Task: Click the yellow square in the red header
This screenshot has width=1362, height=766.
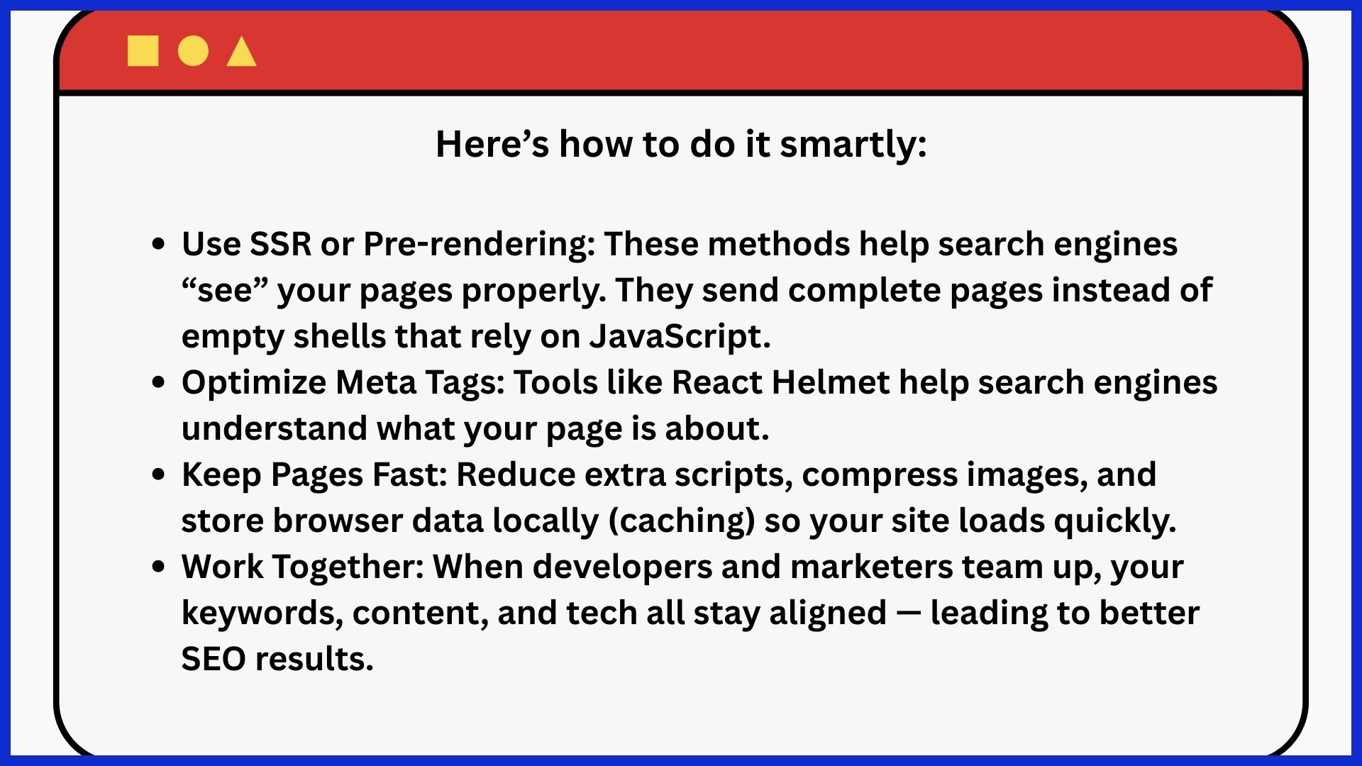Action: tap(143, 51)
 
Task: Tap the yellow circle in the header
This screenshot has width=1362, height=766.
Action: tap(193, 51)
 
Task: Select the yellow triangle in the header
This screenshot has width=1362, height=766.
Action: tap(241, 51)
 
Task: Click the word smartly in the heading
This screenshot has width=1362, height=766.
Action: tap(853, 145)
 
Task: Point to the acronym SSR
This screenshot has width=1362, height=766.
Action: tap(281, 244)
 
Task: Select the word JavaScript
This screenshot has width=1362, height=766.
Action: tap(680, 337)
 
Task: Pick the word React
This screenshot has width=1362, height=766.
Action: tap(717, 383)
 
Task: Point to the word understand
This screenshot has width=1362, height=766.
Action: tap(275, 429)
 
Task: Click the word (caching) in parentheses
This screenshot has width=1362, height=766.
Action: tap(682, 521)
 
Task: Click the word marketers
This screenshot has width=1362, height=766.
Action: tap(872, 567)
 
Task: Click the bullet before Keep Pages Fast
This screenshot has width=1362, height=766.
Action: tap(159, 474)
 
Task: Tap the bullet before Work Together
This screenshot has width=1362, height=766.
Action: tap(159, 567)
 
